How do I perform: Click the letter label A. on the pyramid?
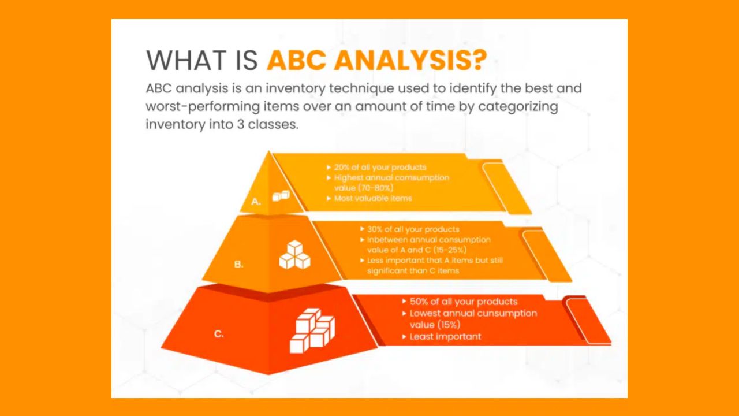pos(256,202)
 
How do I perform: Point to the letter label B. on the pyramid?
pos(238,265)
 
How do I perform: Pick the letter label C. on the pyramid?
pos(219,333)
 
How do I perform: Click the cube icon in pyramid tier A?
pos(281,196)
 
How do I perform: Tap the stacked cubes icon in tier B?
pos(294,255)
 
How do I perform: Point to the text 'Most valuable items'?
pos(372,198)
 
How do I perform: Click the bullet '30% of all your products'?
pos(413,229)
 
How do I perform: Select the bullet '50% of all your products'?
pos(463,302)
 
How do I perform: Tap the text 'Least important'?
pos(445,336)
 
